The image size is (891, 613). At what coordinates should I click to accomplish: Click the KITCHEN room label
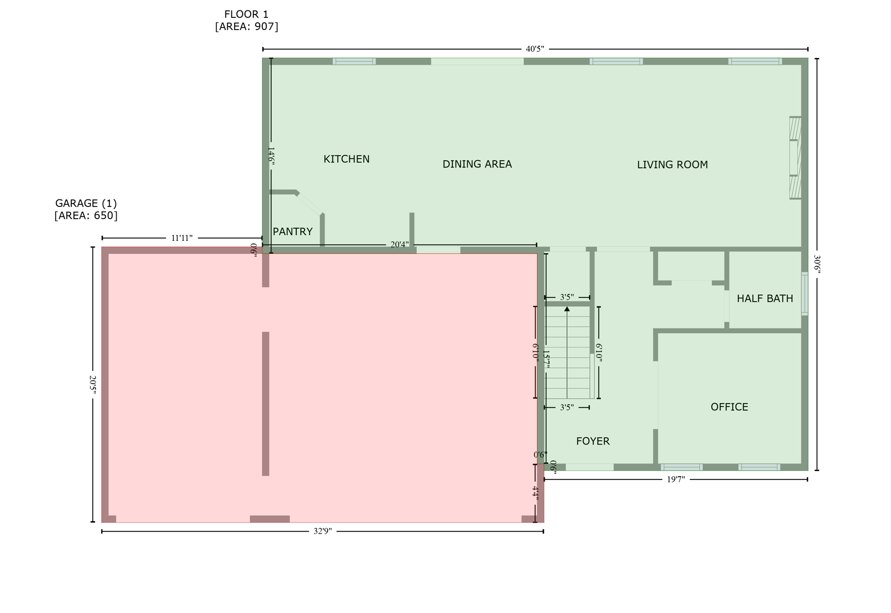346,159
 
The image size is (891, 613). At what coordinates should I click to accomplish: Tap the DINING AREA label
477,164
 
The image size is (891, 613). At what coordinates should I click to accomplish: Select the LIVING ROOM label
672,165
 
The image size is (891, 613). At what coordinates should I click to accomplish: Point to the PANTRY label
292,232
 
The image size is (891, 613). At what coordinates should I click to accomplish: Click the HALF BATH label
764,298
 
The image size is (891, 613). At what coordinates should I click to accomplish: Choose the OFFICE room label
729,407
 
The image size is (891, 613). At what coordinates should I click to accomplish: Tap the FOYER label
593,441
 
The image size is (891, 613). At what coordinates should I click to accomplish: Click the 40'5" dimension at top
535,49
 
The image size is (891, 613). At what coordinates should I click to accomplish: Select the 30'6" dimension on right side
817,264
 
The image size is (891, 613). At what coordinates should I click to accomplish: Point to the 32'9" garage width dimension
322,531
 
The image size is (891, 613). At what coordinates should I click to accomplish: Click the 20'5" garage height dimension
93,385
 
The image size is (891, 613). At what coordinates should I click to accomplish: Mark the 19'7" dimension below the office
676,479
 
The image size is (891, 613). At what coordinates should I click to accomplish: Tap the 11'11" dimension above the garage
181,238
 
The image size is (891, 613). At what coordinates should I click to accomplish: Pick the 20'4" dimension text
399,245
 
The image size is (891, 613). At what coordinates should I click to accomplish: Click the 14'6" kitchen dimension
271,155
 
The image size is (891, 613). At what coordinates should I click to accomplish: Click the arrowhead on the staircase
567,309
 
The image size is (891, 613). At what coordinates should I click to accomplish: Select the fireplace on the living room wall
795,158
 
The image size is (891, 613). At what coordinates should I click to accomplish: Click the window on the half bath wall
804,294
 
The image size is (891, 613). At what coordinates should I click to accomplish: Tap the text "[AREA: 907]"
246,27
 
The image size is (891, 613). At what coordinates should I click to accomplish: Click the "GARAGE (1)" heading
86,203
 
